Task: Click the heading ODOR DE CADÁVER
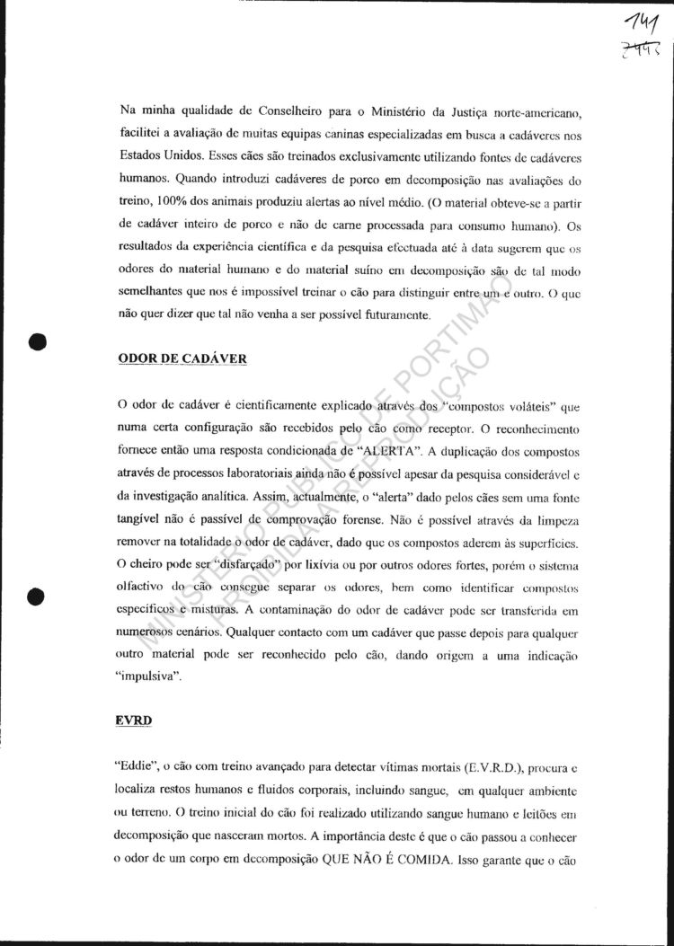point(182,358)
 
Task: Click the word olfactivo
point(146,586)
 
